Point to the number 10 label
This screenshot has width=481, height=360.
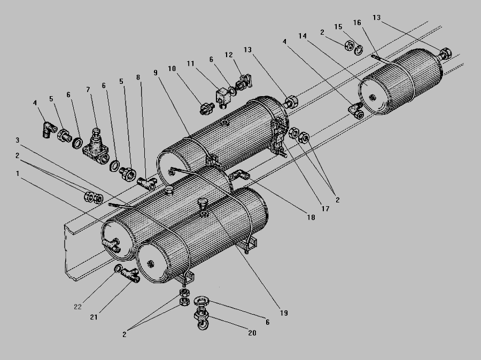[172, 68]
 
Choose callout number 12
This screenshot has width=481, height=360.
[229, 54]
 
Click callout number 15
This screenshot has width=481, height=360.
[338, 26]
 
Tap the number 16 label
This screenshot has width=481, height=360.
[356, 22]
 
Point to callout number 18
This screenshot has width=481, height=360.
[310, 218]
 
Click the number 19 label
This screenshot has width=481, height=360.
[283, 313]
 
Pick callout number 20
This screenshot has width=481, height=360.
[252, 333]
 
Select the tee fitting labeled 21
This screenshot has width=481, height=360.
[130, 275]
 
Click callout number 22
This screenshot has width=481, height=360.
[77, 307]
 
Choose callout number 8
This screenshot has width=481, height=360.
[138, 77]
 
